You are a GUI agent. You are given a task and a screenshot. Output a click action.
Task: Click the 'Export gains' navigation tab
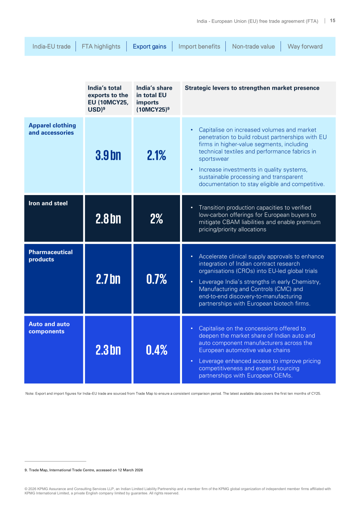pyautogui.click(x=149, y=47)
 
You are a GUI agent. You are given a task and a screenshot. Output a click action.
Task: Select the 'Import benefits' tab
pyautogui.click(x=199, y=47)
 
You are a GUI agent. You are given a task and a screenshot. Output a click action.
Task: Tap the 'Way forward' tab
pyautogui.click(x=305, y=47)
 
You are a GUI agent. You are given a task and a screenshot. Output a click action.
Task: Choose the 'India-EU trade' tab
pyautogui.click(x=51, y=47)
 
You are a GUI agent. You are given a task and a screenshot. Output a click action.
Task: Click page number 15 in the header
pyautogui.click(x=332, y=21)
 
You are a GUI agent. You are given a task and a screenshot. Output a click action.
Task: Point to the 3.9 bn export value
pyautogui.click(x=108, y=155)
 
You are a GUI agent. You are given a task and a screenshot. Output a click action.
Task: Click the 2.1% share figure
pyautogui.click(x=157, y=155)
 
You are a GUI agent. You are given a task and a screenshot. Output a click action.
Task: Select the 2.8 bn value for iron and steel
pyautogui.click(x=108, y=219)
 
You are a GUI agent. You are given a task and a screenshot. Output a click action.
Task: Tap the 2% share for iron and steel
pyautogui.click(x=157, y=219)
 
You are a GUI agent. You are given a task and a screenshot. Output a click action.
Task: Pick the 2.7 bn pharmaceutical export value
pyautogui.click(x=108, y=279)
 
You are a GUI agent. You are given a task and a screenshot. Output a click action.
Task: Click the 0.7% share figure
pyautogui.click(x=157, y=279)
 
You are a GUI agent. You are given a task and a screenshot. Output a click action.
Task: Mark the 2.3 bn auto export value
pyautogui.click(x=108, y=350)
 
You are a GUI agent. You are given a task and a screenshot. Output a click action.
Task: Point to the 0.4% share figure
pyautogui.click(x=157, y=350)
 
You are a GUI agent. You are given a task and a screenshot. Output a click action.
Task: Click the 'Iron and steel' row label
pyautogui.click(x=48, y=203)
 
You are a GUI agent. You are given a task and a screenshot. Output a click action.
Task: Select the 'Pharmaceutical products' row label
pyautogui.click(x=50, y=256)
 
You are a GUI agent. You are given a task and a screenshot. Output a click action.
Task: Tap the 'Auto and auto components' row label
pyautogui.click(x=49, y=328)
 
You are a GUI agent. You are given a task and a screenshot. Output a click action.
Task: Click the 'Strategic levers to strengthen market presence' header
pyautogui.click(x=252, y=88)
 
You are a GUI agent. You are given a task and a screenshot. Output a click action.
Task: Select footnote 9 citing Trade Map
pyautogui.click(x=84, y=470)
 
